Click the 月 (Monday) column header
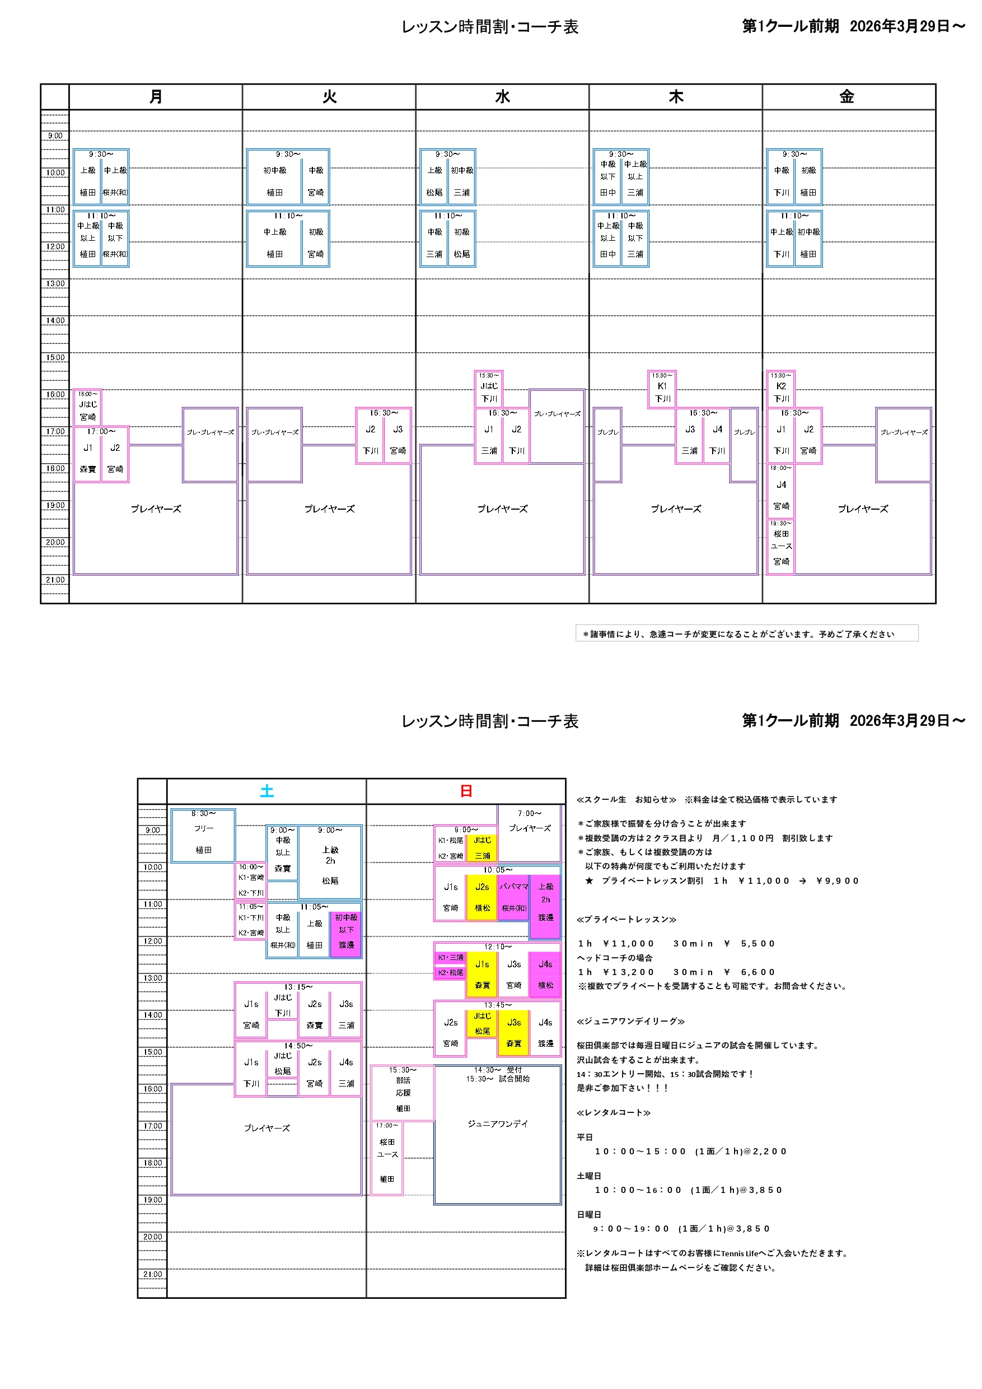(156, 97)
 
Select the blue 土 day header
(266, 791)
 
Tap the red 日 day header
(466, 791)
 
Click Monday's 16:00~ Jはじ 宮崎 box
(88, 407)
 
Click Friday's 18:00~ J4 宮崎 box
(781, 491)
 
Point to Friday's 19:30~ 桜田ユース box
(781, 546)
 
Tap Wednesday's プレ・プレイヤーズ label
(557, 414)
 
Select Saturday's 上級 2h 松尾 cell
(330, 863)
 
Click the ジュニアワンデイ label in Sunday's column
(498, 1124)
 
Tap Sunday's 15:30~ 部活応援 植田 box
(403, 1093)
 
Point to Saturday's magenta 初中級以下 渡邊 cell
(346, 931)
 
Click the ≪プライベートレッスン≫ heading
(626, 920)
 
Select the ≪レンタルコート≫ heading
(614, 1112)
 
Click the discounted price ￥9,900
(838, 881)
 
